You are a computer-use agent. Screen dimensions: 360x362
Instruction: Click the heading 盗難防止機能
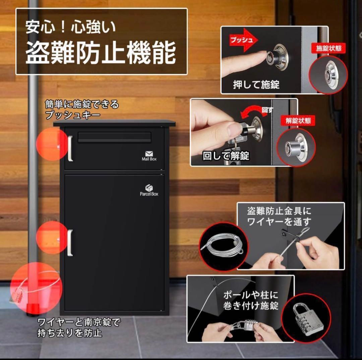pos(101,53)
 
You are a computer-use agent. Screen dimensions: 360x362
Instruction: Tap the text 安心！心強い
pos(71,27)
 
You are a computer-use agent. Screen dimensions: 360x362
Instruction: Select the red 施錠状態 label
pos(328,48)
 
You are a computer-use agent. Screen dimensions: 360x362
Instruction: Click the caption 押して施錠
pos(256,85)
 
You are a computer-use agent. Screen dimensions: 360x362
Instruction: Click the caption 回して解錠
pos(226,156)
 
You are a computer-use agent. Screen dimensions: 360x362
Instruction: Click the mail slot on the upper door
pos(115,137)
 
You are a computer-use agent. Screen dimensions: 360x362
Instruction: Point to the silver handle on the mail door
pos(70,149)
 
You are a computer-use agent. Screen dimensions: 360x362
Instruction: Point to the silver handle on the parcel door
pos(70,243)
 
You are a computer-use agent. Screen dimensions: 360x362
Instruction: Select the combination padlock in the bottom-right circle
pos(305,318)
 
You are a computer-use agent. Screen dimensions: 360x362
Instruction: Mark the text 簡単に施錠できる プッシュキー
pos(82,110)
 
